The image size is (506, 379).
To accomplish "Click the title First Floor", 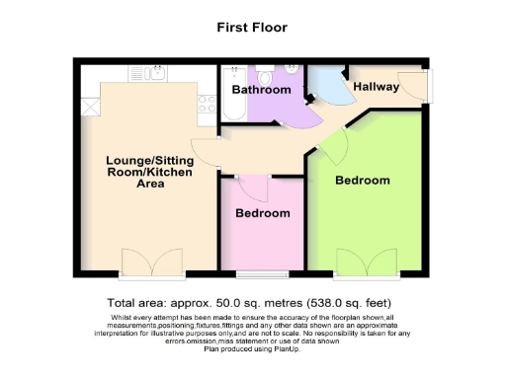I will (x=252, y=28).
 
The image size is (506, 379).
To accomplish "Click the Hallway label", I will (x=376, y=87).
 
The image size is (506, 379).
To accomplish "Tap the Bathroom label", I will (x=262, y=90).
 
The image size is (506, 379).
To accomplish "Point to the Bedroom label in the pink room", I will (x=262, y=213).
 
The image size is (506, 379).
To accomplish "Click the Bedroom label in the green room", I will (x=362, y=181).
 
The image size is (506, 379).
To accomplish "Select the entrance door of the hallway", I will (x=424, y=87).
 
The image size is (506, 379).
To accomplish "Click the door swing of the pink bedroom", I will (x=252, y=187).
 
